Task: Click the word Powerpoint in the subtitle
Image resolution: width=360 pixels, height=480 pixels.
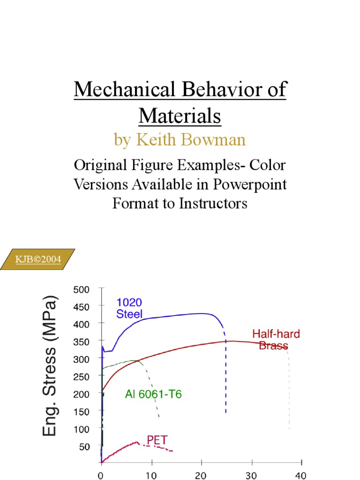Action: (250, 184)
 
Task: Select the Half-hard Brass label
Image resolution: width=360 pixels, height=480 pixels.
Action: (276, 340)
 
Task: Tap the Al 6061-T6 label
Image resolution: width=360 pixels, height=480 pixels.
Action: (153, 395)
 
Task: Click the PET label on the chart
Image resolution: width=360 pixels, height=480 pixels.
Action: (157, 440)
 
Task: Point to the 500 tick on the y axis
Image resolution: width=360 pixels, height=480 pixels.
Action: (80, 289)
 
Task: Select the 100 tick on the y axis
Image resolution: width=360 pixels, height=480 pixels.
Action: (80, 429)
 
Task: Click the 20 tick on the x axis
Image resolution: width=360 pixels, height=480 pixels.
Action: (201, 474)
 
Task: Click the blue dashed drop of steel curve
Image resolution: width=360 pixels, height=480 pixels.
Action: (226, 375)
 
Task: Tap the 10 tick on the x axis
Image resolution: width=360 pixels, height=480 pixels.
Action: (151, 474)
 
